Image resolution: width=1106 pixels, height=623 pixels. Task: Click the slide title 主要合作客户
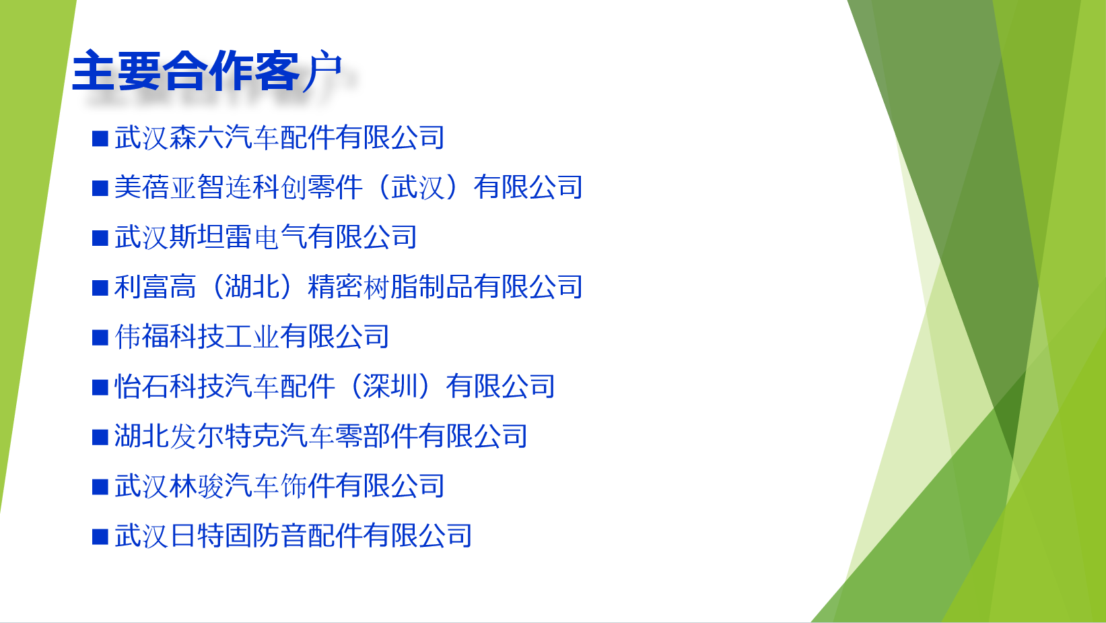pyautogui.click(x=207, y=71)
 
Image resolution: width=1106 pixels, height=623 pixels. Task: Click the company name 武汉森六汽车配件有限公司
pyautogui.click(x=279, y=137)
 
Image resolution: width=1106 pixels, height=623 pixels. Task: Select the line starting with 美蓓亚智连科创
pyautogui.click(x=349, y=187)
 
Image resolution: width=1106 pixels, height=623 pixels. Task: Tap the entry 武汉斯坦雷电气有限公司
pyautogui.click(x=266, y=237)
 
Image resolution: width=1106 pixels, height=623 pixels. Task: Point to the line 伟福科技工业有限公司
pyautogui.click(x=252, y=337)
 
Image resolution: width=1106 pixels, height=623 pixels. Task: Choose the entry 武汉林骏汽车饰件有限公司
pyautogui.click(x=279, y=486)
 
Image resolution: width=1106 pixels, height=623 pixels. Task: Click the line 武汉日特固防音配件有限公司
pyautogui.click(x=293, y=535)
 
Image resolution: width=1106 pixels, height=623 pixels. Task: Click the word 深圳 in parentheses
pyautogui.click(x=390, y=386)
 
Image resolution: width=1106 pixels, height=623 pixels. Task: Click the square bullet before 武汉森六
pyautogui.click(x=100, y=138)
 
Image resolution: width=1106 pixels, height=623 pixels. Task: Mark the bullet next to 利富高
pyautogui.click(x=100, y=288)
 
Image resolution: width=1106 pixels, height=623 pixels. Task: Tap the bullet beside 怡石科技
pyautogui.click(x=100, y=387)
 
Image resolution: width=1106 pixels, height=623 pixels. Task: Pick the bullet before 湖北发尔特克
pyautogui.click(x=100, y=437)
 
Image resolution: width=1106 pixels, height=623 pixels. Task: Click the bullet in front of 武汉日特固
pyautogui.click(x=100, y=537)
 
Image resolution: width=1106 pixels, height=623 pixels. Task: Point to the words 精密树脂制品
pyautogui.click(x=390, y=286)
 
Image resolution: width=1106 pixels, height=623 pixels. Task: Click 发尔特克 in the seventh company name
pyautogui.click(x=224, y=436)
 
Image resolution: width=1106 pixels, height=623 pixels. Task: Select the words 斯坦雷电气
pyautogui.click(x=238, y=237)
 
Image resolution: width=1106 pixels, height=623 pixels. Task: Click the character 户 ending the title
pyautogui.click(x=322, y=71)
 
